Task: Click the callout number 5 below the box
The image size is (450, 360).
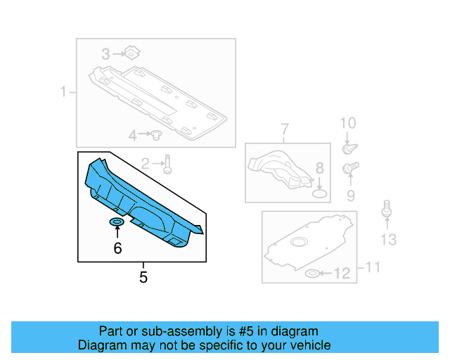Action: (x=143, y=277)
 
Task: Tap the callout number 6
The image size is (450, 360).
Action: (x=117, y=247)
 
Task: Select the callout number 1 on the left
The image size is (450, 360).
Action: (x=63, y=91)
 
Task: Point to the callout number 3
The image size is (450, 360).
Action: (x=105, y=53)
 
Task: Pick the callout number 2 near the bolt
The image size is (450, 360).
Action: (x=145, y=164)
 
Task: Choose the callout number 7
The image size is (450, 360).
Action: (x=285, y=129)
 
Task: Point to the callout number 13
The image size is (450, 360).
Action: (x=388, y=240)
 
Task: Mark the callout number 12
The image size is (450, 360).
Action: (x=341, y=274)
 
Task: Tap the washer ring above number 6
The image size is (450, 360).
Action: (x=117, y=223)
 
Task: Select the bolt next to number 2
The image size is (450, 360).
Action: (x=167, y=165)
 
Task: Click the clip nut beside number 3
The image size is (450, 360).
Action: (x=131, y=52)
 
